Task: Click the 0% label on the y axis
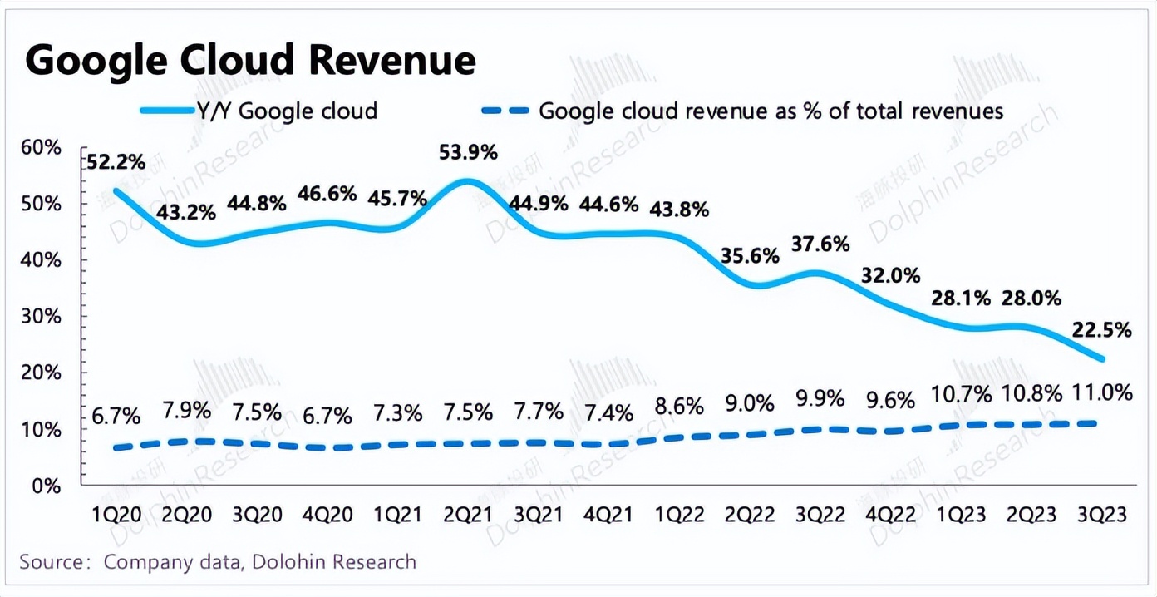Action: (x=49, y=486)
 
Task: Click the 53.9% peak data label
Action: (x=468, y=152)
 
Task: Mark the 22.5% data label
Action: (x=1102, y=330)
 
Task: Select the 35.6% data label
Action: (x=750, y=255)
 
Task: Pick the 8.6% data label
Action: (x=678, y=407)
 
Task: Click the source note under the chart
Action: (x=218, y=562)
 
